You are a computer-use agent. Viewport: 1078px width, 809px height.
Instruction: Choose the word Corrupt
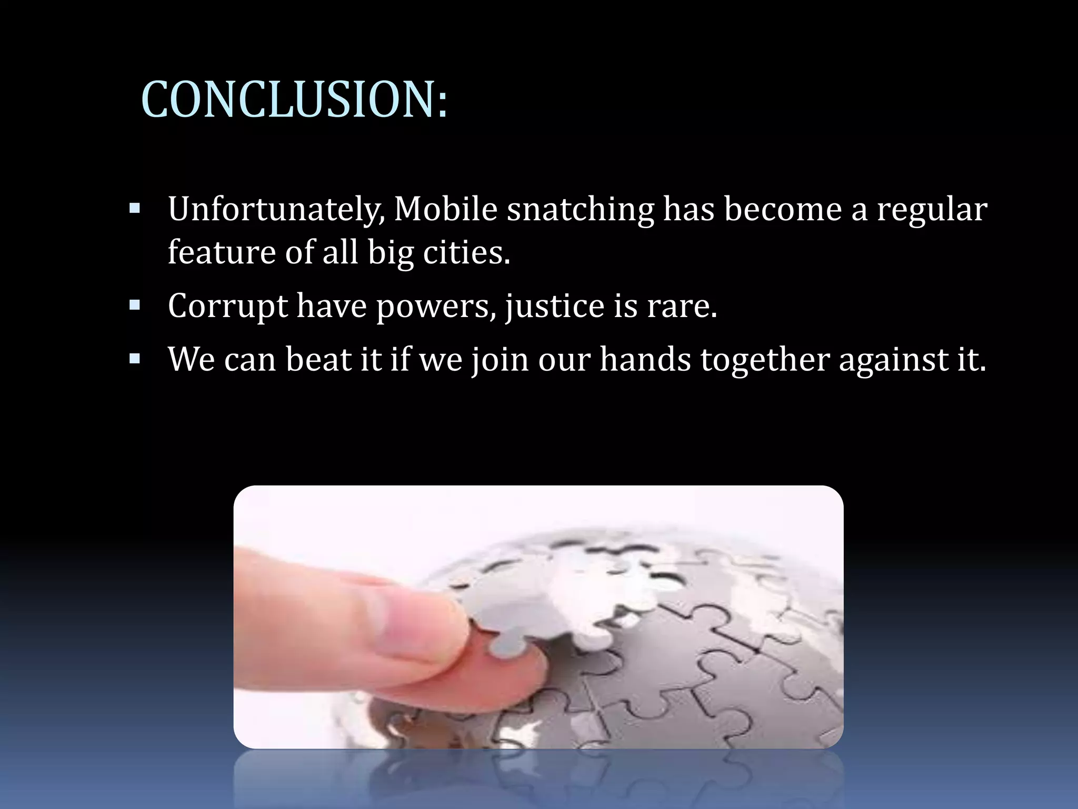[227, 306]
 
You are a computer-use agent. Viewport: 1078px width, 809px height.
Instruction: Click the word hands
[645, 360]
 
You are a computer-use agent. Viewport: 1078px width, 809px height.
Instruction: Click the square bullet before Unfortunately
[135, 208]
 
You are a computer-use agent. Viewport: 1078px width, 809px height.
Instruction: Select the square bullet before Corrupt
[135, 304]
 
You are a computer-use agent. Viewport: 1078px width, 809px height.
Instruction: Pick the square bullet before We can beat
[135, 359]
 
